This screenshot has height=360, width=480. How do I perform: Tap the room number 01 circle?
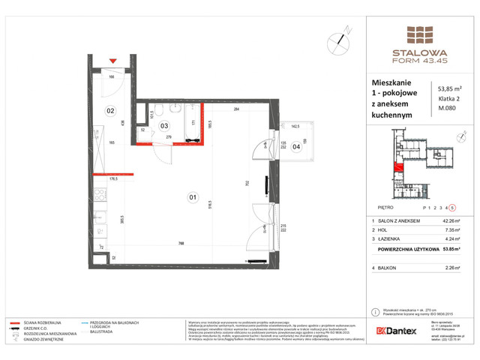(193, 198)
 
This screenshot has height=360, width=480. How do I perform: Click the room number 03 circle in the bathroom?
(163, 127)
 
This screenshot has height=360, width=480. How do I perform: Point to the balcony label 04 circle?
(296, 147)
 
